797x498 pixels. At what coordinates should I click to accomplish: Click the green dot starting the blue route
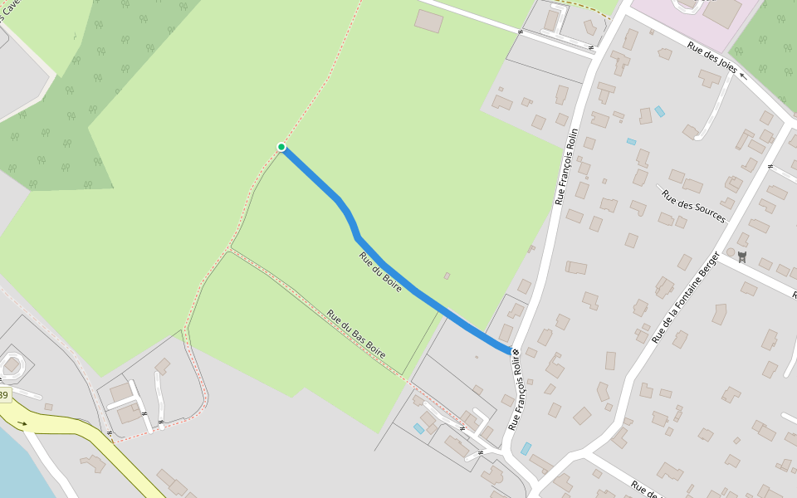[281, 147]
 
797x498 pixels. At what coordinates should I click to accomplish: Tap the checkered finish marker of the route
[516, 354]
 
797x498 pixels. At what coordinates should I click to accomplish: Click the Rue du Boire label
[380, 271]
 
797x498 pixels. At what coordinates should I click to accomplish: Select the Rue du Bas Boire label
[356, 334]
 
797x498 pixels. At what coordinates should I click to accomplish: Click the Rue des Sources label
[693, 206]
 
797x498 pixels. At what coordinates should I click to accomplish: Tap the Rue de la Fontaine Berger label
[686, 296]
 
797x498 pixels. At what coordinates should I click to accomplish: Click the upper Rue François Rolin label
[566, 166]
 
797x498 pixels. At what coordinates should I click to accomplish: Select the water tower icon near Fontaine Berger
[741, 257]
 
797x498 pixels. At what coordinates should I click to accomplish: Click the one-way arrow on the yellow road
[22, 423]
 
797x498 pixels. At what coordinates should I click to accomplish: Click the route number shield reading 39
[3, 395]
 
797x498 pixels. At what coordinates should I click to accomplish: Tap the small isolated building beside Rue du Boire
[447, 276]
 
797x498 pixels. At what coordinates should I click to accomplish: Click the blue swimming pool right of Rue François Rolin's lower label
[526, 448]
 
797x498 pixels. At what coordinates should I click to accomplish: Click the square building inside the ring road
[12, 365]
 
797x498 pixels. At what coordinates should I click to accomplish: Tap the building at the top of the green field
[428, 21]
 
